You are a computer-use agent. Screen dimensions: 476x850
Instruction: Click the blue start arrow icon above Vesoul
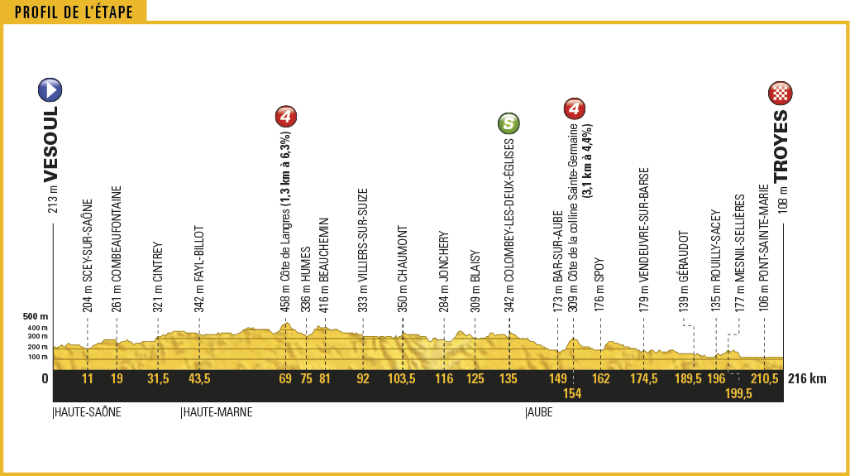(x=50, y=90)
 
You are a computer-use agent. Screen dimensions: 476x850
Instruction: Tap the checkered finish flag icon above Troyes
(x=781, y=93)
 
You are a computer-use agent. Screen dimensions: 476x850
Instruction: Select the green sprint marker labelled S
(x=509, y=124)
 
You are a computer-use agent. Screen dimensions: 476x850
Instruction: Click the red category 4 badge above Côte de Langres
(x=285, y=116)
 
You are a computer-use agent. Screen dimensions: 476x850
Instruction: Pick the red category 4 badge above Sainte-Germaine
(x=574, y=108)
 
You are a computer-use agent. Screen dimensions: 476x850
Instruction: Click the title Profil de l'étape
(x=74, y=12)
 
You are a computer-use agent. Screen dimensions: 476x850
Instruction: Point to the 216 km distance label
(x=807, y=379)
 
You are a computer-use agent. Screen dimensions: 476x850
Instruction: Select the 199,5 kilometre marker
(x=738, y=394)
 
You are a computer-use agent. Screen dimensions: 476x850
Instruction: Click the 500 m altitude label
(x=36, y=316)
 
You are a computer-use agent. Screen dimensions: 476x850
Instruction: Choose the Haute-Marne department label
(x=217, y=411)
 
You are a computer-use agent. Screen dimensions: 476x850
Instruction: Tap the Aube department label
(x=539, y=411)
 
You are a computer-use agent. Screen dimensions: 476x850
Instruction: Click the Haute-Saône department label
(x=87, y=411)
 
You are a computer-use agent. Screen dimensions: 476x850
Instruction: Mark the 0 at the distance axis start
(x=45, y=379)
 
